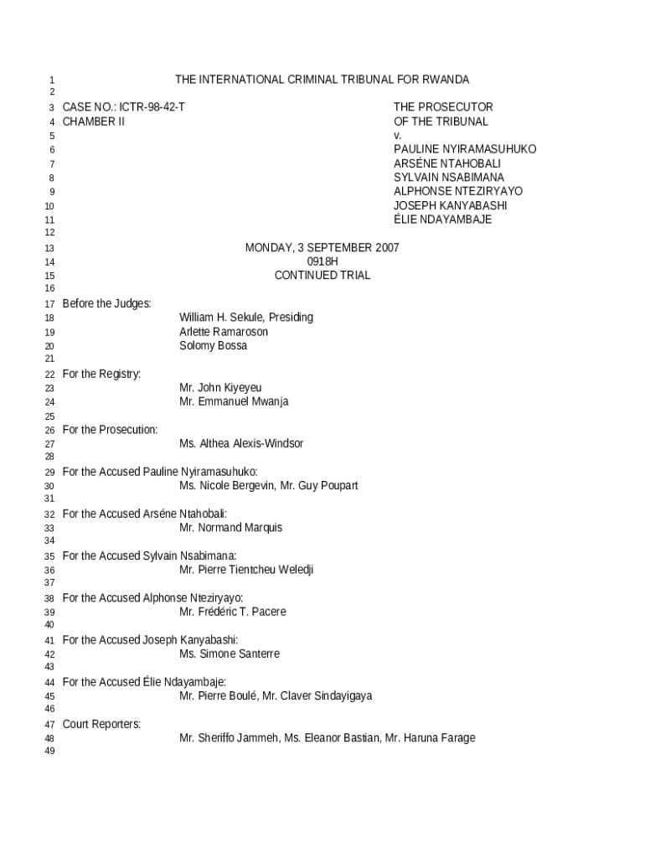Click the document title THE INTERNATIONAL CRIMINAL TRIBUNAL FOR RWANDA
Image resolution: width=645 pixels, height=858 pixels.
[322, 80]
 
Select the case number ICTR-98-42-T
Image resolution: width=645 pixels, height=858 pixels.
[152, 107]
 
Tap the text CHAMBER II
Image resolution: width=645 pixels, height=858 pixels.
[94, 121]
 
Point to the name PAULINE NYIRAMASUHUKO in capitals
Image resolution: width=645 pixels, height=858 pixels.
[465, 149]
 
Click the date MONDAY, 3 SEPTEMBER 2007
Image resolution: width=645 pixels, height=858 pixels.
[322, 248]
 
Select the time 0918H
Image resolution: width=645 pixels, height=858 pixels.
[322, 261]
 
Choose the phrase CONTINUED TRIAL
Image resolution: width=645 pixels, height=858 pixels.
[322, 276]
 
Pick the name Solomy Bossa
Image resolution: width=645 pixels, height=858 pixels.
[213, 346]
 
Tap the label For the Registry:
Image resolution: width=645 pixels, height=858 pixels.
[101, 374]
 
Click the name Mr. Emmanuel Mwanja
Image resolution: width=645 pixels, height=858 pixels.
[234, 402]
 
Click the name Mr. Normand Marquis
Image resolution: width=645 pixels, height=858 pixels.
[230, 528]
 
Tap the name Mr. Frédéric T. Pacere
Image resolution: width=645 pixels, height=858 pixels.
[232, 612]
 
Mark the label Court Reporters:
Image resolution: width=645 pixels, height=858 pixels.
[101, 724]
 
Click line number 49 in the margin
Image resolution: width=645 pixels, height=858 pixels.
[49, 752]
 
